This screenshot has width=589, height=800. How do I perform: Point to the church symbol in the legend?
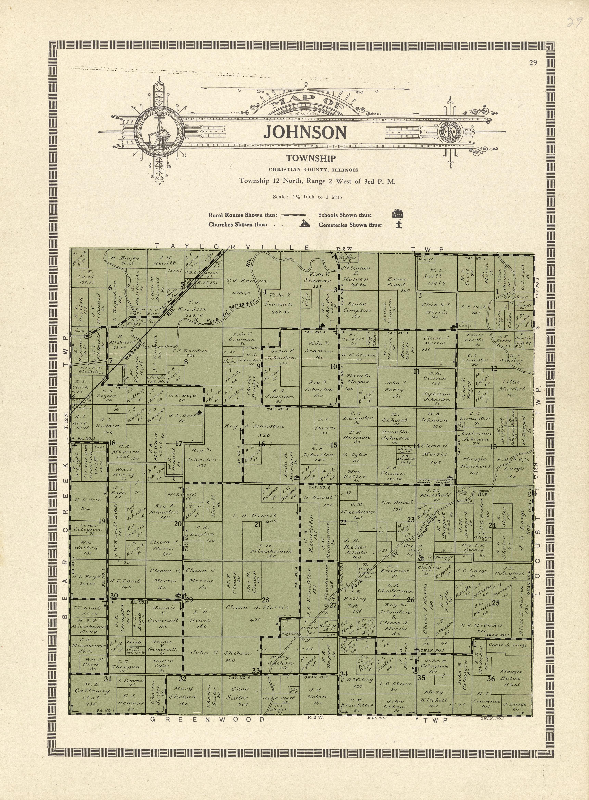click(x=305, y=224)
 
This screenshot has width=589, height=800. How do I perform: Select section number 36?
click(x=491, y=678)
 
